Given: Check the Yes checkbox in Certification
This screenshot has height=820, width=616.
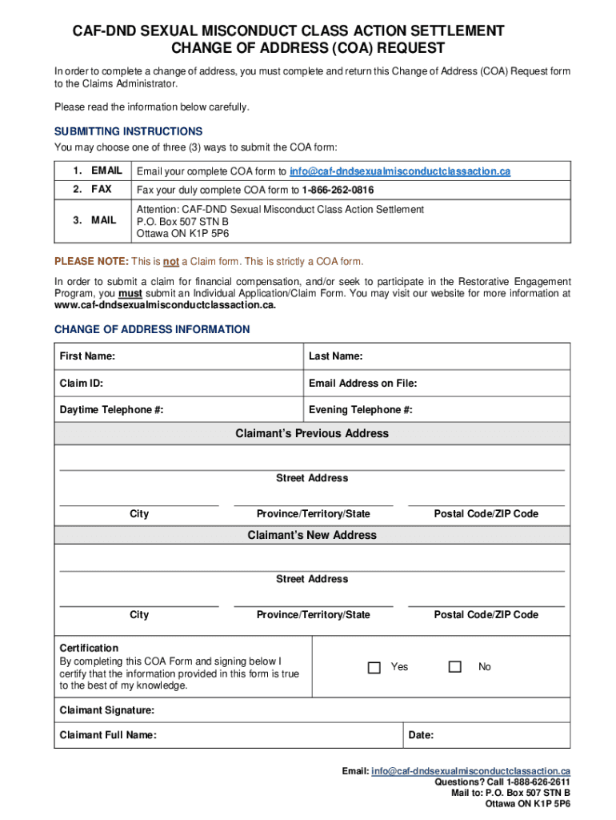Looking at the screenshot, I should point(374,667).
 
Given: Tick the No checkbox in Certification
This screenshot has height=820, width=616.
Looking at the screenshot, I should point(455,667).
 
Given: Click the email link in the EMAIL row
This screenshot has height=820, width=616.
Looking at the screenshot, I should point(399,171).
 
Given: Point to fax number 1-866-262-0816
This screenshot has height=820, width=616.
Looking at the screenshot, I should point(338,190).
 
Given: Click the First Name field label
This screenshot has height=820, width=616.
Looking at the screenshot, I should point(86,356).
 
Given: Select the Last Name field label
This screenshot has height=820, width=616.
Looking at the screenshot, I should point(335,356).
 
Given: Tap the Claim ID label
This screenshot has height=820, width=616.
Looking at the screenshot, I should point(81,384).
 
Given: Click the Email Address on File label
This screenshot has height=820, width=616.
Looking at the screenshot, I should point(362,384).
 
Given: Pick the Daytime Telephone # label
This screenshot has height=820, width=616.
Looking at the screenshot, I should point(111,410).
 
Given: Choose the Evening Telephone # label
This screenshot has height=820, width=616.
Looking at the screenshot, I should point(360,410).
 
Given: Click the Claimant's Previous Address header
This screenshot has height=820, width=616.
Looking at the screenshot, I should point(312,433).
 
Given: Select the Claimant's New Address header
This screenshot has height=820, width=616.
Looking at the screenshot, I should point(312,535).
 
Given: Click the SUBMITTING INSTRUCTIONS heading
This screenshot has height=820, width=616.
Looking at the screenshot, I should point(128,131).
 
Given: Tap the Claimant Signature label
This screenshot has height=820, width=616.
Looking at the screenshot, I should point(107,710).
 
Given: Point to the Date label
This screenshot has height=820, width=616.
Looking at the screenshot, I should point(421,735).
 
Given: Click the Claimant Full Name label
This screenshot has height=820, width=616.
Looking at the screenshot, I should point(108,735).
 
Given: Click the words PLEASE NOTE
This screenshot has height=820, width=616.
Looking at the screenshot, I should point(90,262).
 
